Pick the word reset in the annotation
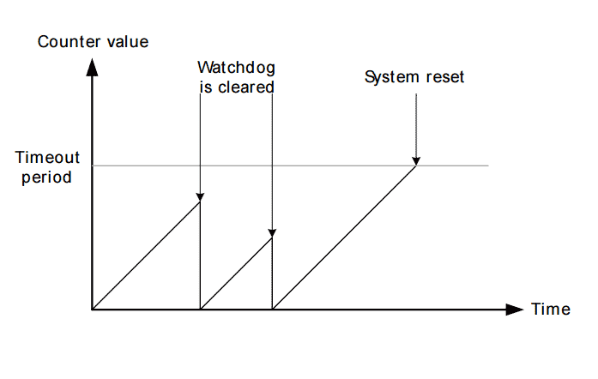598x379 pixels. tap(445, 77)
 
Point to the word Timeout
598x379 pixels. tap(48, 158)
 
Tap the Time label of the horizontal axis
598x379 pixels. tap(550, 310)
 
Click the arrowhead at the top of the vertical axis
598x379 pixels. tap(93, 67)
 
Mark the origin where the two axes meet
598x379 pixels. tap(93, 309)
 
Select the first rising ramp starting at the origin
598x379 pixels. tap(146, 255)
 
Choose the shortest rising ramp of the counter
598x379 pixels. tap(236, 274)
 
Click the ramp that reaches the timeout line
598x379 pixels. tap(343, 237)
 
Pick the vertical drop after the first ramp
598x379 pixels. tap(200, 257)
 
